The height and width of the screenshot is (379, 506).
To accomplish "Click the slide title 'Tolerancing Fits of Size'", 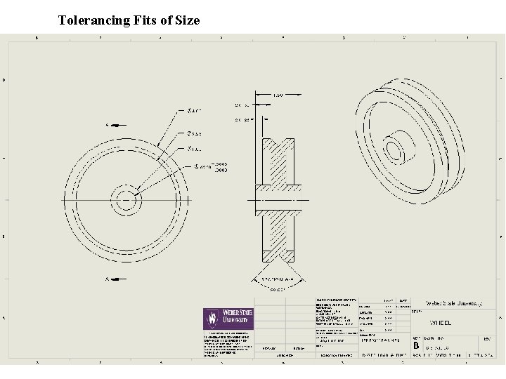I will (129, 20).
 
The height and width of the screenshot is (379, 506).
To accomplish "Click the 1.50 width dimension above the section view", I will (278, 96).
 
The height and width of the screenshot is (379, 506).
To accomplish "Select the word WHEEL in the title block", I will (441, 323).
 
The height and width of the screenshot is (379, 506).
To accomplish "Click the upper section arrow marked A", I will (112, 126).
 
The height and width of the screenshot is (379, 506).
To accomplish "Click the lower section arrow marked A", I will (112, 279).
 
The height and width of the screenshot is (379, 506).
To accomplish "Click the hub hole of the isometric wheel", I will (394, 149).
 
